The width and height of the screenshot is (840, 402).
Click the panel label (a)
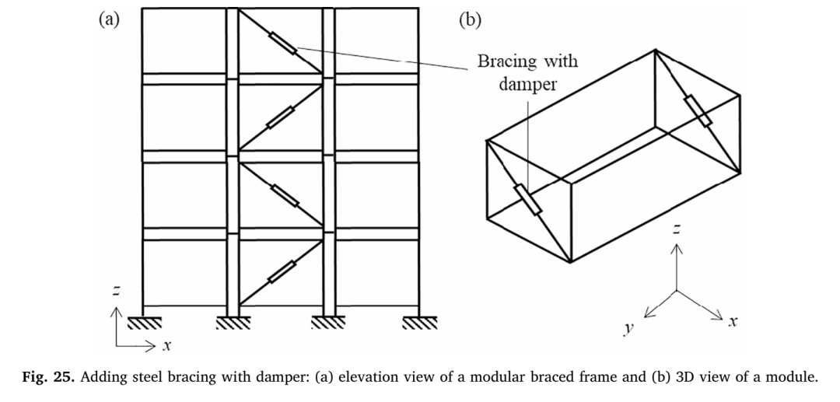109,19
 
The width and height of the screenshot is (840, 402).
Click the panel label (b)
471,19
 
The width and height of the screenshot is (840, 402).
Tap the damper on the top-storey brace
283,43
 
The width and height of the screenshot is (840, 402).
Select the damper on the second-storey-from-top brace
281,117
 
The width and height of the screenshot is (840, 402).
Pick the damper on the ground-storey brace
282,271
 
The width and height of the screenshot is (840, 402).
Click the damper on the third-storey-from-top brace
285,195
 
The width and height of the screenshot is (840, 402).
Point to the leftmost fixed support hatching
145,322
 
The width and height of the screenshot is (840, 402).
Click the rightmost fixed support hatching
419,322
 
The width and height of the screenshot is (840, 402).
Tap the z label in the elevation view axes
115,291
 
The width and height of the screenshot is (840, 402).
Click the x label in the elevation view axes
167,346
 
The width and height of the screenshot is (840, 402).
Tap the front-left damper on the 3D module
528,199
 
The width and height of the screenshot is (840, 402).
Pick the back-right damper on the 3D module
698,110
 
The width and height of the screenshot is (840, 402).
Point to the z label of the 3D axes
677,229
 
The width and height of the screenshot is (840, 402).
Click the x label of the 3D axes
733,321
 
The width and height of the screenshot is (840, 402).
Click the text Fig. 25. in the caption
49,377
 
